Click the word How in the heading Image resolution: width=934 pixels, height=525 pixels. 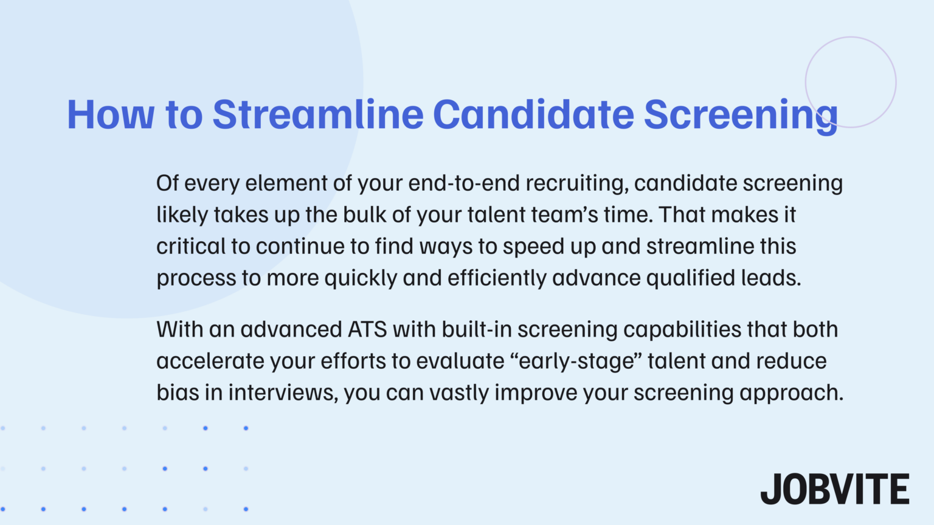(110, 114)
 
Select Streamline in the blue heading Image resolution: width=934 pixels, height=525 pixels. (317, 114)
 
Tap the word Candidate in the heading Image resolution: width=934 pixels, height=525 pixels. (533, 114)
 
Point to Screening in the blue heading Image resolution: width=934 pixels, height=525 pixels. (740, 115)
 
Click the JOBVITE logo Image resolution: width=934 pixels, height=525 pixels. (834, 489)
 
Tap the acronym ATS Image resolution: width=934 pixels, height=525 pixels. (367, 329)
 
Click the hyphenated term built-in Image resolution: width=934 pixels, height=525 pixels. (476, 329)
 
